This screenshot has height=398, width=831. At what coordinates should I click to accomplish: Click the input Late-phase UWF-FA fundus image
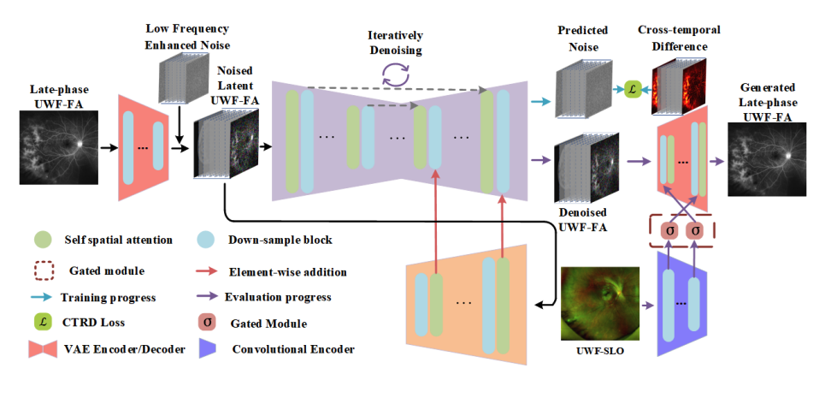[56, 148]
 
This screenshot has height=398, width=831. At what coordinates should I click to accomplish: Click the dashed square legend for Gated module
[44, 270]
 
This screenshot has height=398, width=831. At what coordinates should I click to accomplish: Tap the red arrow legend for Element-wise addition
[205, 271]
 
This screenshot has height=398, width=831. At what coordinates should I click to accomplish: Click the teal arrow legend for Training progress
[44, 297]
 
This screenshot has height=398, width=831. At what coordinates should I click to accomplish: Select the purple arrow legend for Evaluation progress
[205, 297]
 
